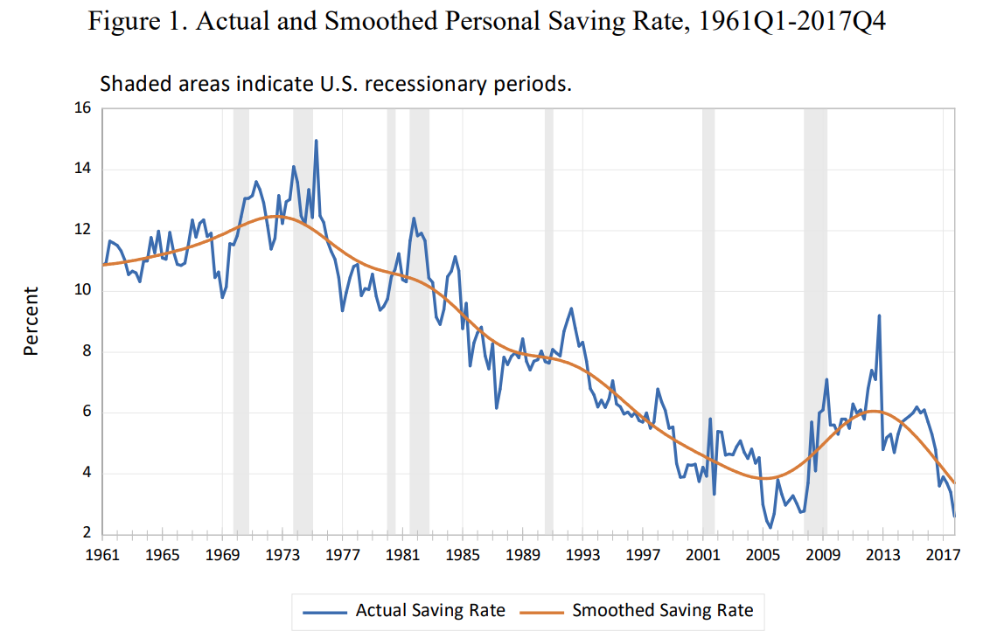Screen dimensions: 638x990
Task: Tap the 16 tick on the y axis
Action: coord(84,108)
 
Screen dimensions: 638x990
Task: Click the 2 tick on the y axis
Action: coord(87,534)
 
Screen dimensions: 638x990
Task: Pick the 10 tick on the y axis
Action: coord(84,291)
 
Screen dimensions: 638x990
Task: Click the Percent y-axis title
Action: coord(31,321)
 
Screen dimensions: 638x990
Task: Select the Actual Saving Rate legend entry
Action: coord(429,610)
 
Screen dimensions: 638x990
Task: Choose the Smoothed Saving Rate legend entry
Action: coord(662,610)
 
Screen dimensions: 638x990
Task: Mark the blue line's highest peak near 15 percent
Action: coord(316,140)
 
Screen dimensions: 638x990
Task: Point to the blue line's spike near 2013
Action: coord(879,316)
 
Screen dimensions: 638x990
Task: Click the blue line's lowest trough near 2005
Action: coord(770,527)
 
